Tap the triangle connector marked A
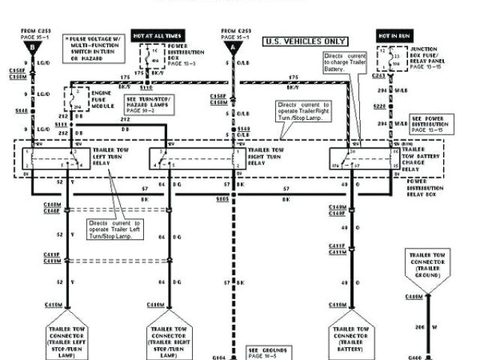pos(232,47)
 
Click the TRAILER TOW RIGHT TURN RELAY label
pos(265,155)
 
